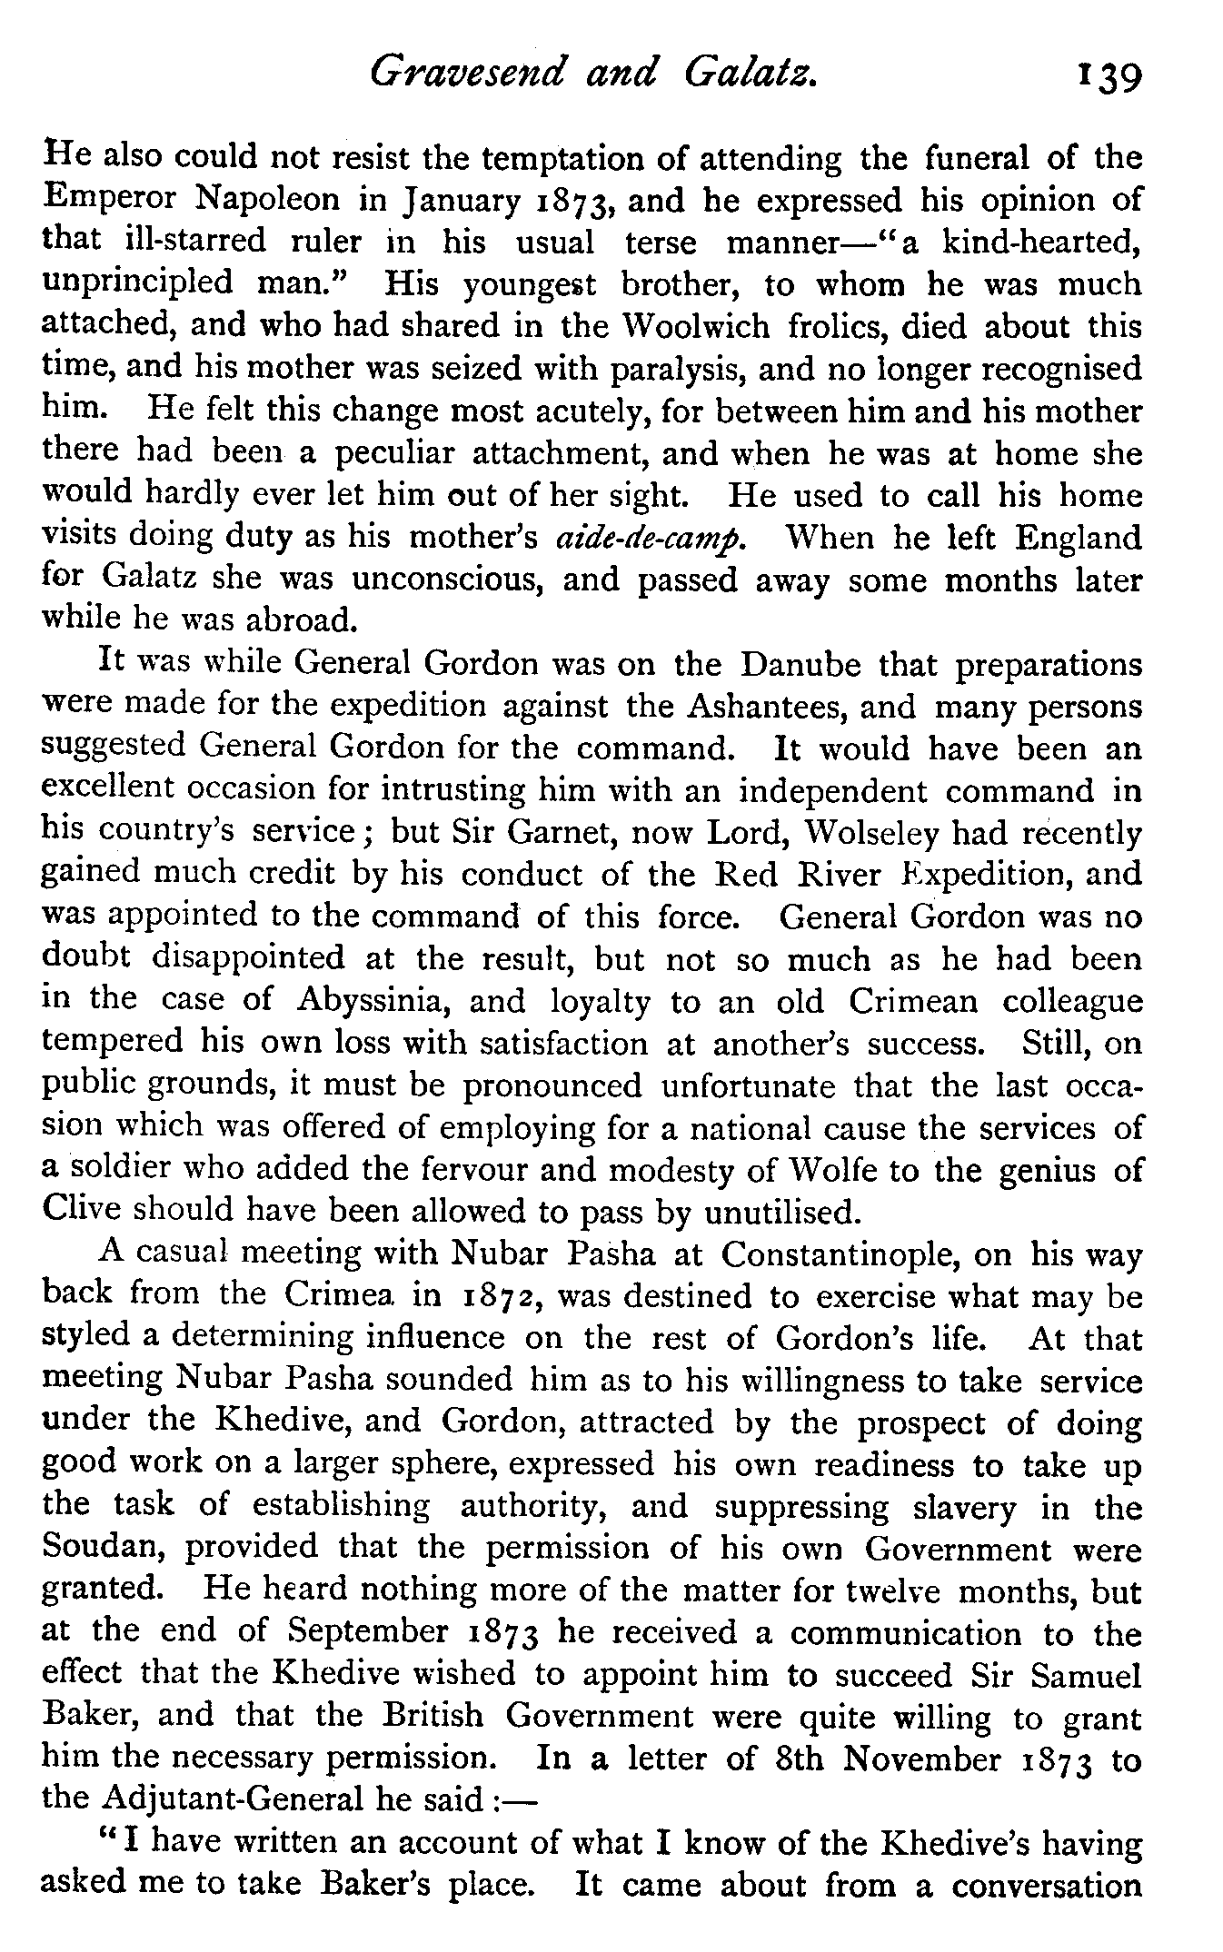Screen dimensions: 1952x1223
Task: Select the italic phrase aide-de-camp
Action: [651, 538]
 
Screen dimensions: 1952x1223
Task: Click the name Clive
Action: [85, 1211]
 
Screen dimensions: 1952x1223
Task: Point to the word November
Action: [921, 1758]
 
